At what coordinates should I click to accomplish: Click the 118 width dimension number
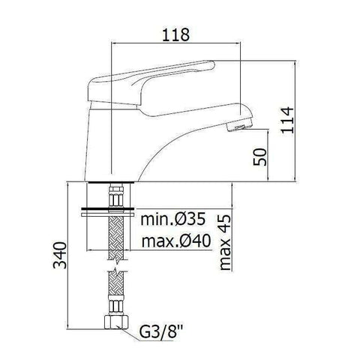click(x=175, y=34)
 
